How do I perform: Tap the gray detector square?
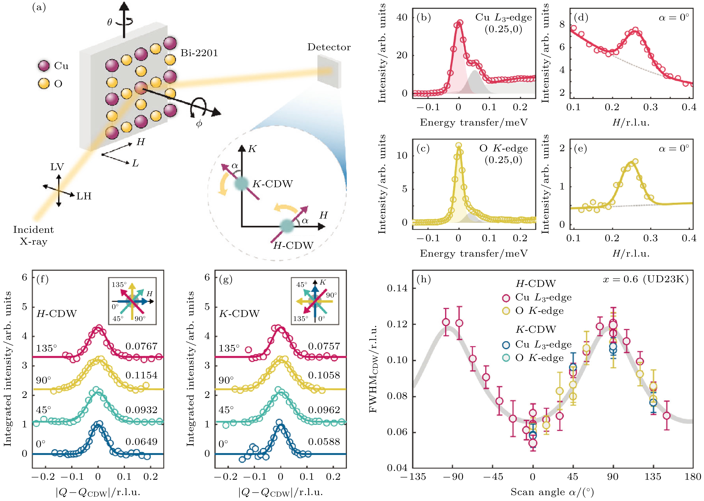click(329, 71)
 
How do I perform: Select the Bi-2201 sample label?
click(199, 53)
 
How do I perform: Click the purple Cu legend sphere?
click(44, 66)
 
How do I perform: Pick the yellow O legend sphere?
click(44, 83)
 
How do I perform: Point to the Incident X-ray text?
click(33, 235)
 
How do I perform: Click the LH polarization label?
click(84, 196)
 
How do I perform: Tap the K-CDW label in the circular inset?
click(272, 184)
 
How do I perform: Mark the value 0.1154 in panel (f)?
click(141, 375)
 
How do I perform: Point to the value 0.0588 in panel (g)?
click(324, 441)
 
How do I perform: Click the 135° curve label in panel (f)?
click(46, 349)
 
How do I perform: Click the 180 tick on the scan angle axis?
click(693, 477)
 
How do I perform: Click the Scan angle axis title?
click(553, 492)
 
